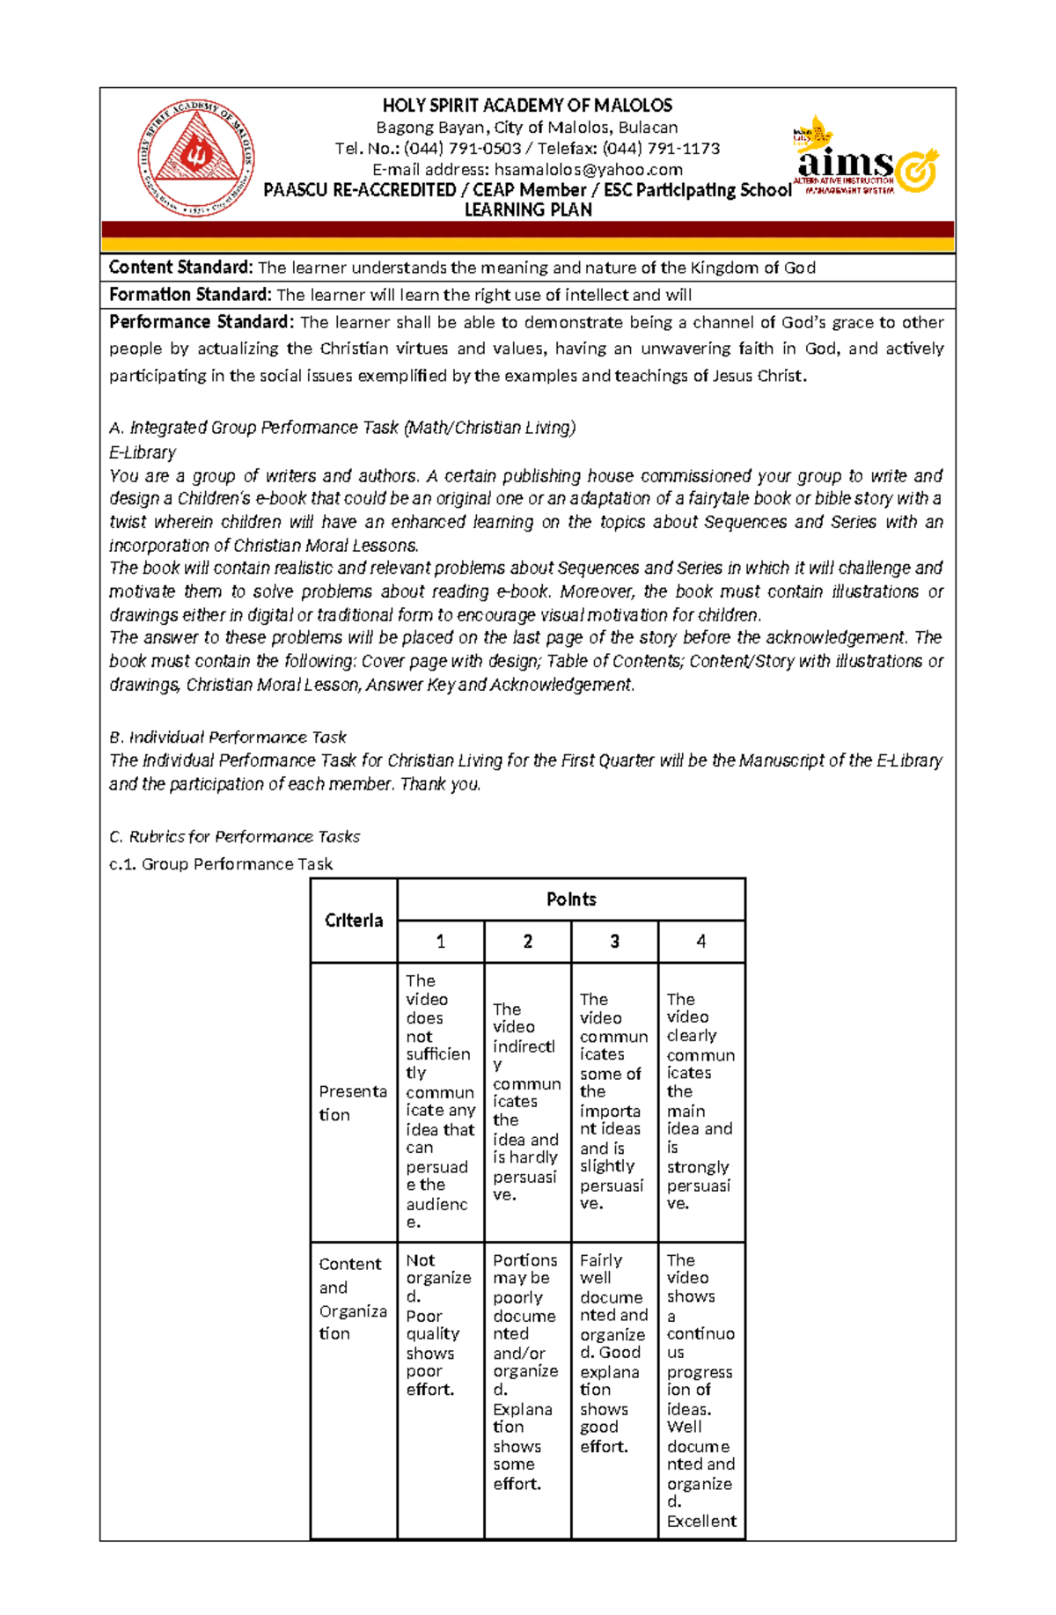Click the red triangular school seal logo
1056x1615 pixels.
pos(196,159)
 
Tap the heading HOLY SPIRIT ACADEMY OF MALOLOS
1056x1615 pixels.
pos(527,106)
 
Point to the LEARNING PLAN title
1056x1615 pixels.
pos(527,210)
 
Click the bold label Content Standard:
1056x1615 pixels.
pos(180,268)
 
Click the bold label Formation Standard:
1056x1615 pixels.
pos(189,295)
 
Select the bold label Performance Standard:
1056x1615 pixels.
pos(200,322)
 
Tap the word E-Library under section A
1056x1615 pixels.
pos(143,452)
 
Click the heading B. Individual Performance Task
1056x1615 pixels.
pos(227,738)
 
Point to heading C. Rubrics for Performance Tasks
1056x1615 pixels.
pos(234,837)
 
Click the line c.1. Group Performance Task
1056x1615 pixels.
pos(220,864)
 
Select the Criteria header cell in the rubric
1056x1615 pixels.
pos(354,921)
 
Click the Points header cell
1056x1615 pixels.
pos(571,899)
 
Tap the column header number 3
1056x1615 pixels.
pos(614,942)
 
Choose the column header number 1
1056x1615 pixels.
pos(440,942)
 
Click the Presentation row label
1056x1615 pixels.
pos(353,1103)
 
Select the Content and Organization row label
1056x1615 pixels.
pos(352,1299)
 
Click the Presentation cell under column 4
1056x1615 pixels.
pos(700,1101)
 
